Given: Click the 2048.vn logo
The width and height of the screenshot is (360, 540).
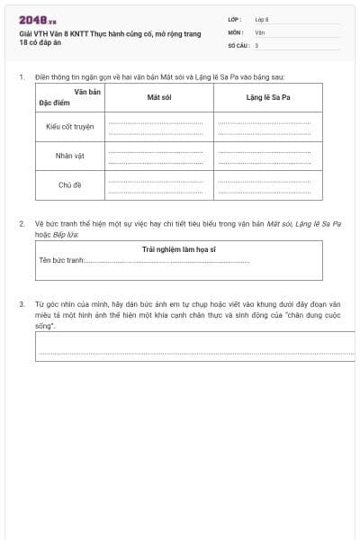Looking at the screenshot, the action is click(37, 20).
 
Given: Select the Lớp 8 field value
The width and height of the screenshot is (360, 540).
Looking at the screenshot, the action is click(262, 19).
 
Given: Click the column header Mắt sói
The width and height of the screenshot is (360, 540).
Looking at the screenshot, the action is click(159, 97).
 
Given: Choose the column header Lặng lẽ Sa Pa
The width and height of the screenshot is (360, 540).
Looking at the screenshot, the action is click(267, 97).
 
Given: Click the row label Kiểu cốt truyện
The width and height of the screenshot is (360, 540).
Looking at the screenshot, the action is click(69, 126).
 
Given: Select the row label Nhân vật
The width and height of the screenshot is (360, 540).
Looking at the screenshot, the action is click(69, 156).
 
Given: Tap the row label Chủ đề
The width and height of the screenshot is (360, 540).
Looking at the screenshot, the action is click(69, 185).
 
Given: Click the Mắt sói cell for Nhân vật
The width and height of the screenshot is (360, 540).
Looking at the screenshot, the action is click(159, 156).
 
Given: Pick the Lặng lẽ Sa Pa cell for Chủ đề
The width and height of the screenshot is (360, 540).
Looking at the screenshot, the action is click(267, 185).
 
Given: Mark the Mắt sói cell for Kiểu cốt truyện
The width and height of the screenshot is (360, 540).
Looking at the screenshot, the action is click(159, 126).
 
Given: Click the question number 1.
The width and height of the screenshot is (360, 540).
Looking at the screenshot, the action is click(22, 77).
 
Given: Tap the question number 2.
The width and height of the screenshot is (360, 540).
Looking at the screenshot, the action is click(22, 222).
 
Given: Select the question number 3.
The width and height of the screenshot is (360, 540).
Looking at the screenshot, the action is click(22, 304).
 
